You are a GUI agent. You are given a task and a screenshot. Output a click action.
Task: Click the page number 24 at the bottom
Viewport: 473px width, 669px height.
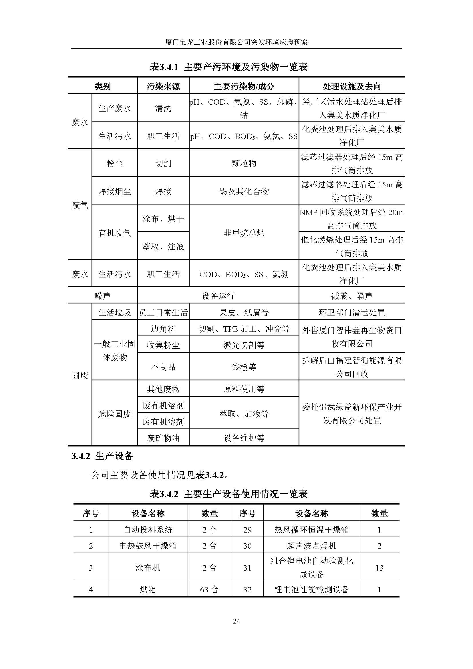point(236,621)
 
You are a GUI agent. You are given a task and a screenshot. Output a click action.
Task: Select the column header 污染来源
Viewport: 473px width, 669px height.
point(163,86)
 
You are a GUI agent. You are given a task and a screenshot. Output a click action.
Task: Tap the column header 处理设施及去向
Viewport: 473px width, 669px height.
point(351,86)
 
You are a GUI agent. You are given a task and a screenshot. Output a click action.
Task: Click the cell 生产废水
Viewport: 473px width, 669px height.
point(114,108)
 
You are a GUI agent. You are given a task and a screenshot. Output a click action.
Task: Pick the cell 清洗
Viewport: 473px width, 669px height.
point(163,108)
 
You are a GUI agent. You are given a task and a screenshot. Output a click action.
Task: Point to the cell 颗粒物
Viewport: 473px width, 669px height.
point(244,164)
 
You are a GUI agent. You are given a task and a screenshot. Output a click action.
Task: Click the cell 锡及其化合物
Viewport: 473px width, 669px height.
point(244,191)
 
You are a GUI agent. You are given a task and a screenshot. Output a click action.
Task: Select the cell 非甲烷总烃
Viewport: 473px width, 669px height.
point(244,233)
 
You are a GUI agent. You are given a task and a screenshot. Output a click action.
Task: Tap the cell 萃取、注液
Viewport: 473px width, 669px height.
point(163,247)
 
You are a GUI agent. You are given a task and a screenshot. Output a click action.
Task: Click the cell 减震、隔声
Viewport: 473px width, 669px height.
point(351,296)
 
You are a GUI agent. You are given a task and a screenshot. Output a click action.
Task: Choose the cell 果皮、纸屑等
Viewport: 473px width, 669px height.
point(244,313)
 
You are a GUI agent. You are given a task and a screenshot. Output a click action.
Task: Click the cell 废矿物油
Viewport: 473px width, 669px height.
point(163,438)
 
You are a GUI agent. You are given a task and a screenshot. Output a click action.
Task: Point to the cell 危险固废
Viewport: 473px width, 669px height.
point(114,414)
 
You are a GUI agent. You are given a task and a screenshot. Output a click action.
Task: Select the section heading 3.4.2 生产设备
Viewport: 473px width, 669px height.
point(102,456)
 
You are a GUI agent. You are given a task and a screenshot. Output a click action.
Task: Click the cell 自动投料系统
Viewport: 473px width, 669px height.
point(148,529)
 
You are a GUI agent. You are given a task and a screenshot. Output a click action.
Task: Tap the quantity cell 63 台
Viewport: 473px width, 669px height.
point(209,589)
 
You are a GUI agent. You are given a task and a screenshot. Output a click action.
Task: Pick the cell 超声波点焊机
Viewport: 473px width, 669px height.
point(311,545)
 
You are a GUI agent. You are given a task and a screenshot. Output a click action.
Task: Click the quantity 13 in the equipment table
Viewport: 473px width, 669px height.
point(379,567)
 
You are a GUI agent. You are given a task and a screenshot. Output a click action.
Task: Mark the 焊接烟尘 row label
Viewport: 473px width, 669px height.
point(114,191)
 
